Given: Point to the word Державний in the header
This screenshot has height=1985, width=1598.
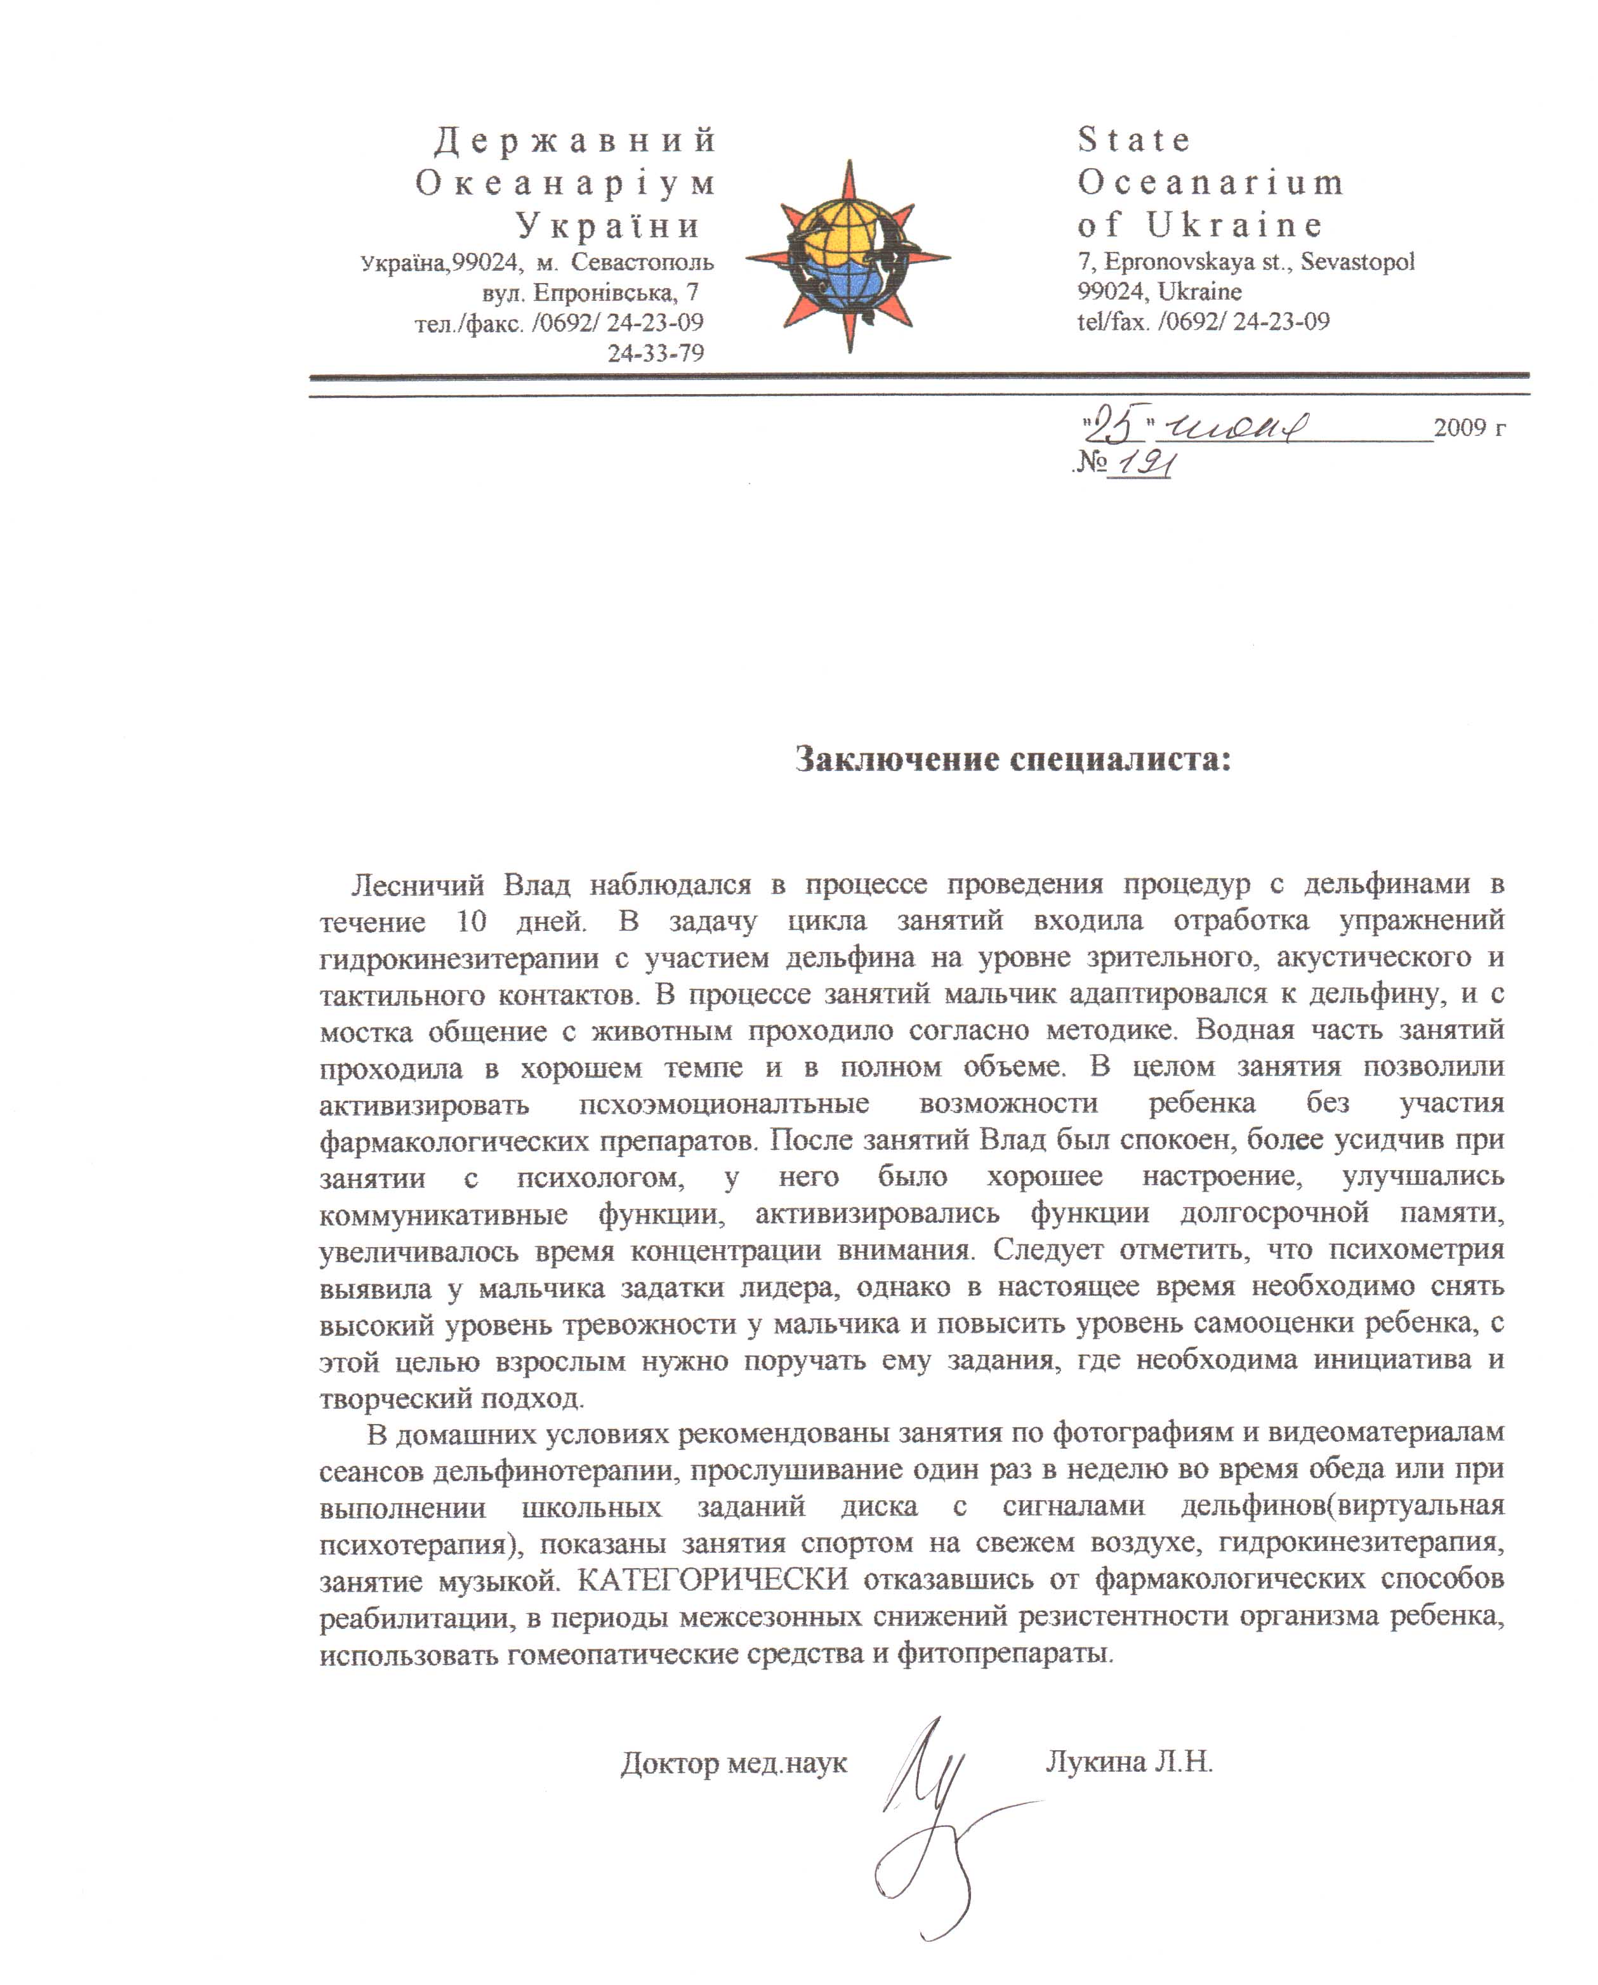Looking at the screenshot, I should (576, 140).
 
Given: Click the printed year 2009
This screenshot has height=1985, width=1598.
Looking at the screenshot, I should (1460, 427).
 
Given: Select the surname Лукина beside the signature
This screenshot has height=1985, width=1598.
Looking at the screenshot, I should (1096, 1762).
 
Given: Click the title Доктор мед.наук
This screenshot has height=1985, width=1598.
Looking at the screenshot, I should (734, 1763).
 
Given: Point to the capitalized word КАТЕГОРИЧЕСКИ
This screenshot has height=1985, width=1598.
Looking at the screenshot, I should (713, 1579).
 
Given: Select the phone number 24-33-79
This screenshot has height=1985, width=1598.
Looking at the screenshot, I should (656, 353).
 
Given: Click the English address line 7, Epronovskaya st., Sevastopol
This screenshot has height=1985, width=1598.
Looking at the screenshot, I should (1245, 261).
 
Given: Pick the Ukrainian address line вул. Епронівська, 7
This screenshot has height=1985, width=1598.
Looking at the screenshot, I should (590, 293).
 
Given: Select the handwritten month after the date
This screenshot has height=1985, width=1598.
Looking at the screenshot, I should (1234, 427).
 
